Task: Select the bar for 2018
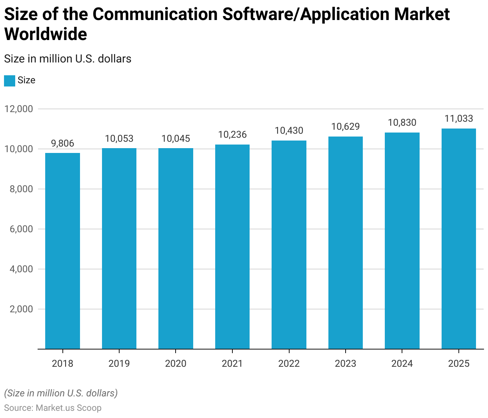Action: coord(62,251)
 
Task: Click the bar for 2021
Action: coord(232,247)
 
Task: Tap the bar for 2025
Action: coord(459,239)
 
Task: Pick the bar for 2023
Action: coord(346,243)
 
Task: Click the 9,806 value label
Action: coord(63,143)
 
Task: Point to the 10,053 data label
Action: coord(119,139)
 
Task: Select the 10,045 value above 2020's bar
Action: coord(176,139)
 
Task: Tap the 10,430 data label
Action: coord(289,131)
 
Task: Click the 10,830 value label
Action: coord(402,123)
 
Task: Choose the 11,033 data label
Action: coord(459,119)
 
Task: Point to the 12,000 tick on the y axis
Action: coord(19,109)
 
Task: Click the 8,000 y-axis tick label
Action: coord(21,189)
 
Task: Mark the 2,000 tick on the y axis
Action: coord(21,309)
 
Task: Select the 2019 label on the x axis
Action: coord(119,364)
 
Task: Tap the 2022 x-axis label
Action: coord(289,364)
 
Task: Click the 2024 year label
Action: coord(402,364)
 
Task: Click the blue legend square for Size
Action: coord(10,80)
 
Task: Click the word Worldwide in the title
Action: coord(46,34)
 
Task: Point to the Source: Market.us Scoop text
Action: coord(53,408)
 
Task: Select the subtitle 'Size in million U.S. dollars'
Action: coord(68,59)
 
